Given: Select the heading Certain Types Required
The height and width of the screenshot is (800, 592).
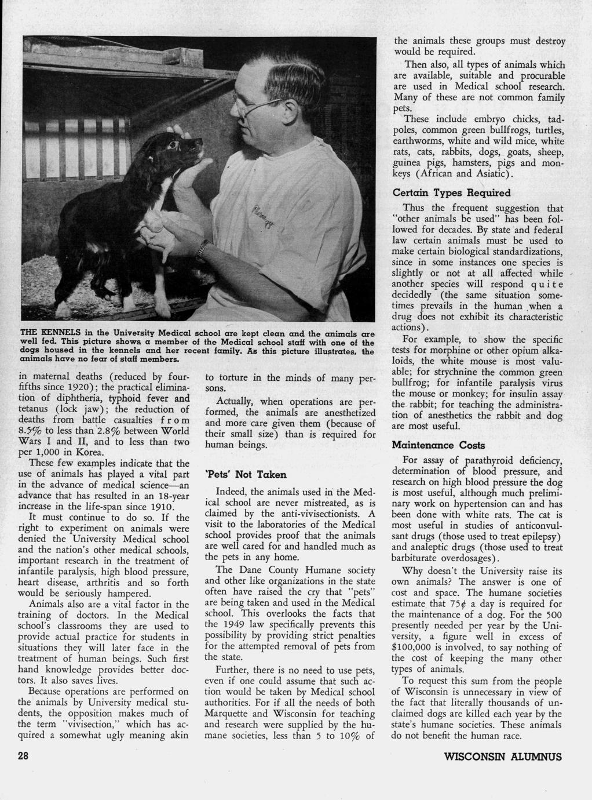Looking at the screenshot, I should click(x=451, y=192).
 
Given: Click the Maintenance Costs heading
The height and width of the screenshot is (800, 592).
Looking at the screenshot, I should click(x=438, y=446).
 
